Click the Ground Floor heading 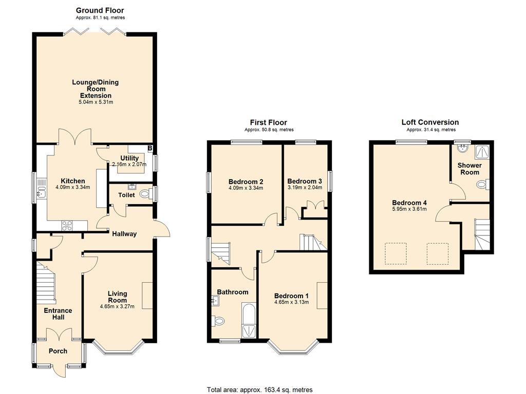100,10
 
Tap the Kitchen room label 73,181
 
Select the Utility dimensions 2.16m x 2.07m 129,165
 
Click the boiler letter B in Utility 150,148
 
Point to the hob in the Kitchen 67,226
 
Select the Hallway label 124,234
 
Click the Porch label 58,351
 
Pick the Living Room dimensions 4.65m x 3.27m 117,306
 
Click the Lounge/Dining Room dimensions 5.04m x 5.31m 96,102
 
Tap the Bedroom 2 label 246,182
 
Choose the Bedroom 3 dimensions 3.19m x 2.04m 305,188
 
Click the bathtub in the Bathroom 249,320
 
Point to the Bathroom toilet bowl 218,321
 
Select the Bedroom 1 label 291,296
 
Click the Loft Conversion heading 430,122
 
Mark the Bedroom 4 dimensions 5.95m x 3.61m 409,209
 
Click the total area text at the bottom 259,390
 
